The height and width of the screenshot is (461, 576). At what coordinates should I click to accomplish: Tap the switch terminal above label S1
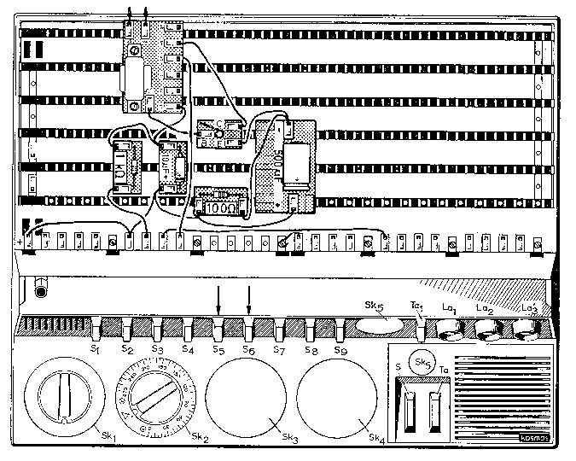pyautogui.click(x=96, y=327)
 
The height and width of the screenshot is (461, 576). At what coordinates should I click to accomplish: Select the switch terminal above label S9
pyautogui.click(x=341, y=327)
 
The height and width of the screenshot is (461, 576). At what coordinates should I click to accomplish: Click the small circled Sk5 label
pyautogui.click(x=420, y=362)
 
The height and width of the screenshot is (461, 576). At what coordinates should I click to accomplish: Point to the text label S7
pyautogui.click(x=279, y=351)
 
